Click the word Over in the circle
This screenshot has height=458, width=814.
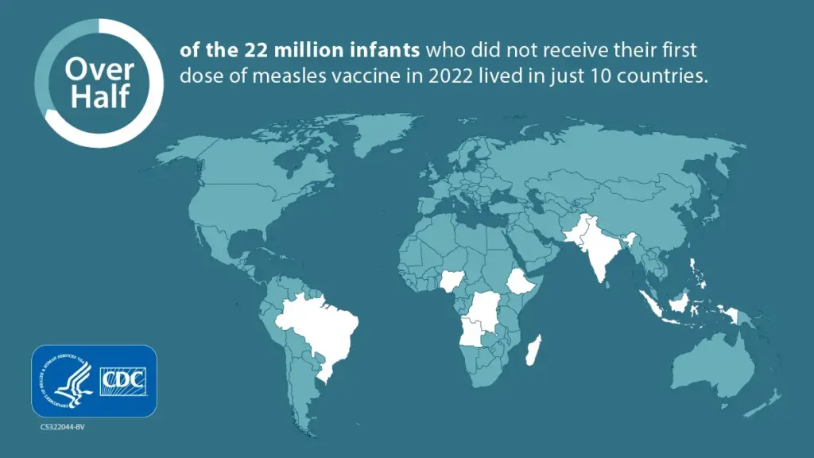click(x=88, y=69)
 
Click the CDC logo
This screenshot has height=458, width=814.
click(x=124, y=381)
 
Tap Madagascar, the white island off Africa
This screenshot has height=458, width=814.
click(x=533, y=351)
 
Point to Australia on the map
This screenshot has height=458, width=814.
click(x=711, y=366)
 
